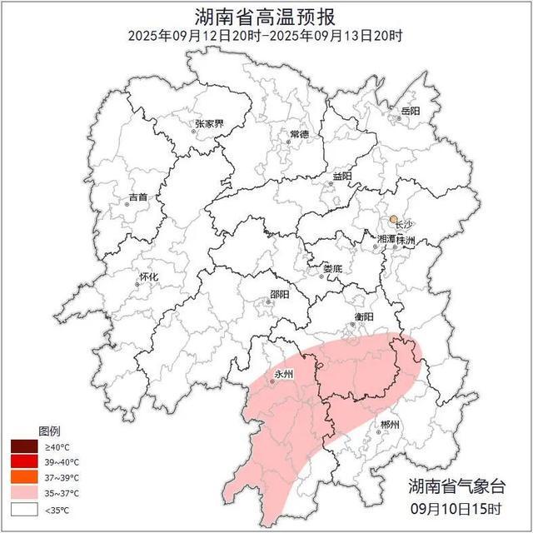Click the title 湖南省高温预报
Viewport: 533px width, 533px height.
(x=266, y=16)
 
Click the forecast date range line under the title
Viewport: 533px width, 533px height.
(x=266, y=36)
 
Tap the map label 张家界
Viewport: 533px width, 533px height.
(x=209, y=124)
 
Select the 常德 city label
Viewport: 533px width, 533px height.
(x=299, y=134)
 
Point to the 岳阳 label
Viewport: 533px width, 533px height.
(x=410, y=111)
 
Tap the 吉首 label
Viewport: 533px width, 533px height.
(x=138, y=197)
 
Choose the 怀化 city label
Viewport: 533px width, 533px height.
(x=148, y=276)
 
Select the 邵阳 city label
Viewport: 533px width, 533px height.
(x=280, y=294)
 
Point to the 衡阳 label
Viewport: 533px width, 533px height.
(x=363, y=316)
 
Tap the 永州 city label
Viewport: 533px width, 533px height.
(x=284, y=374)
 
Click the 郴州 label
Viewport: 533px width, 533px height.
(x=389, y=425)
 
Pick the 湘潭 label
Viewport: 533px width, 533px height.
(x=386, y=239)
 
